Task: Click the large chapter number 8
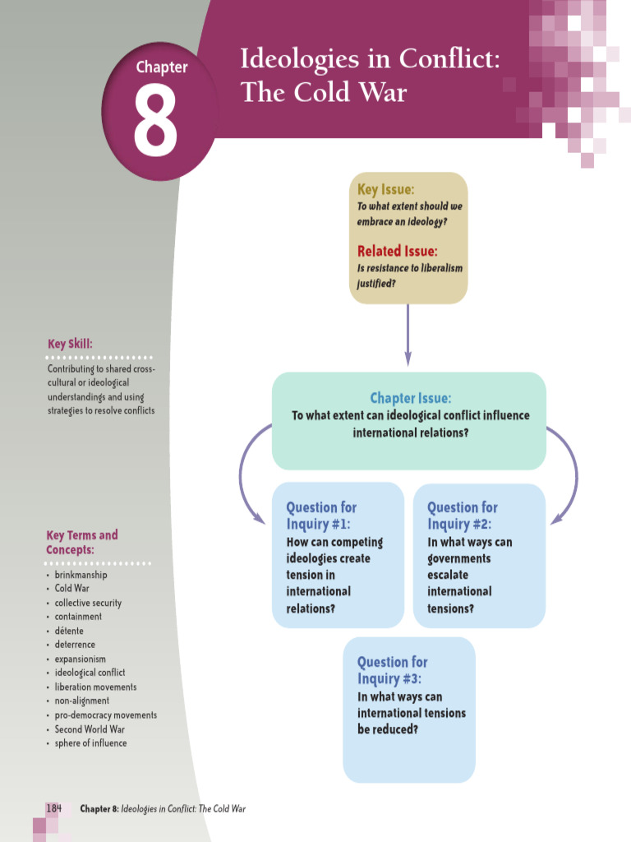[x=155, y=121]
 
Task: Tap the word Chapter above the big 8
[x=162, y=67]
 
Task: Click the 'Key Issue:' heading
[x=386, y=190]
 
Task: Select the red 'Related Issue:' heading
[x=397, y=251]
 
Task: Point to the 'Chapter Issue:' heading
[x=411, y=398]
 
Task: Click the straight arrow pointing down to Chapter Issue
[x=408, y=335]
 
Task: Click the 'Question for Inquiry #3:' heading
[x=393, y=670]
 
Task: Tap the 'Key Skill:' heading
[x=70, y=344]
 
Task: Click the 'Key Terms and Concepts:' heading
[x=81, y=543]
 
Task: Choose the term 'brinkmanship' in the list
[x=81, y=575]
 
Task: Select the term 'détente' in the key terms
[x=69, y=631]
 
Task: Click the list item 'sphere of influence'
[x=90, y=743]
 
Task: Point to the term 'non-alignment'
[x=81, y=701]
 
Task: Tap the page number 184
[x=53, y=808]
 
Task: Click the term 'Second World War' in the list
[x=90, y=729]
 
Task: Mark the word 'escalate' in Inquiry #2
[x=448, y=575]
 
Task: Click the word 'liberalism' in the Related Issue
[x=441, y=268]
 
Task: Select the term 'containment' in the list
[x=78, y=617]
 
